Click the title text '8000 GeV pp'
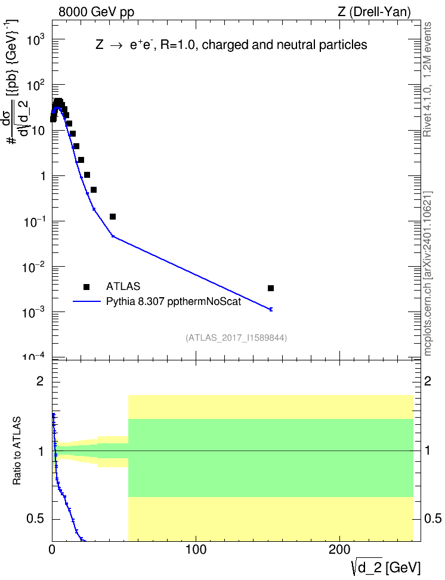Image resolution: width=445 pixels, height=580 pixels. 96,12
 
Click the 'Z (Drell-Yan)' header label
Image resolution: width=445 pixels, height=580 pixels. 374,12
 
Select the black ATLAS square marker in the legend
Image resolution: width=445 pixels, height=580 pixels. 86,286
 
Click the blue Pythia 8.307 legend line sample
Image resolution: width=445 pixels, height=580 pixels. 87,301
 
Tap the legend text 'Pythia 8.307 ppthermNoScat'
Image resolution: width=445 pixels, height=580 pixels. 174,302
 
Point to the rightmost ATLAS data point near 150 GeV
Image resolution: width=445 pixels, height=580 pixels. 271,288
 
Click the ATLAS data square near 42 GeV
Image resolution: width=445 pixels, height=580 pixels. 113,217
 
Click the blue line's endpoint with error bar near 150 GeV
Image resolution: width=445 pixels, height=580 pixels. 271,309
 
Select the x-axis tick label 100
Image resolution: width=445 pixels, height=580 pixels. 196,550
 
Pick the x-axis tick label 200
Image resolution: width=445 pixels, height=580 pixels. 339,550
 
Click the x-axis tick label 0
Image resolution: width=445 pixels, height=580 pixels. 52,550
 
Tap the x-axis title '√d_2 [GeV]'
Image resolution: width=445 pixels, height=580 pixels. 386,567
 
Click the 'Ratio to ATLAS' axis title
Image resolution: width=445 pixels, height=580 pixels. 17,451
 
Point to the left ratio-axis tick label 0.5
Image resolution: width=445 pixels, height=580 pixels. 36,519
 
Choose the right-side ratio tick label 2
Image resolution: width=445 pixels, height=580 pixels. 428,381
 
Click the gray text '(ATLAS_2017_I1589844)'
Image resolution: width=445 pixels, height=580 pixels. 236,338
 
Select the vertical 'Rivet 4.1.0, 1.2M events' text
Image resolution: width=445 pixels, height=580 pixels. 427,79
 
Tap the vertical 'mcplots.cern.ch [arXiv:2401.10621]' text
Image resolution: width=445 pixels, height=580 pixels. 428,273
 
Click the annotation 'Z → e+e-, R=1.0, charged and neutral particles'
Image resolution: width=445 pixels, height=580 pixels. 231,45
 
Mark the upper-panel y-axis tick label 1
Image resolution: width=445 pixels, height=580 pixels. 44,176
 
